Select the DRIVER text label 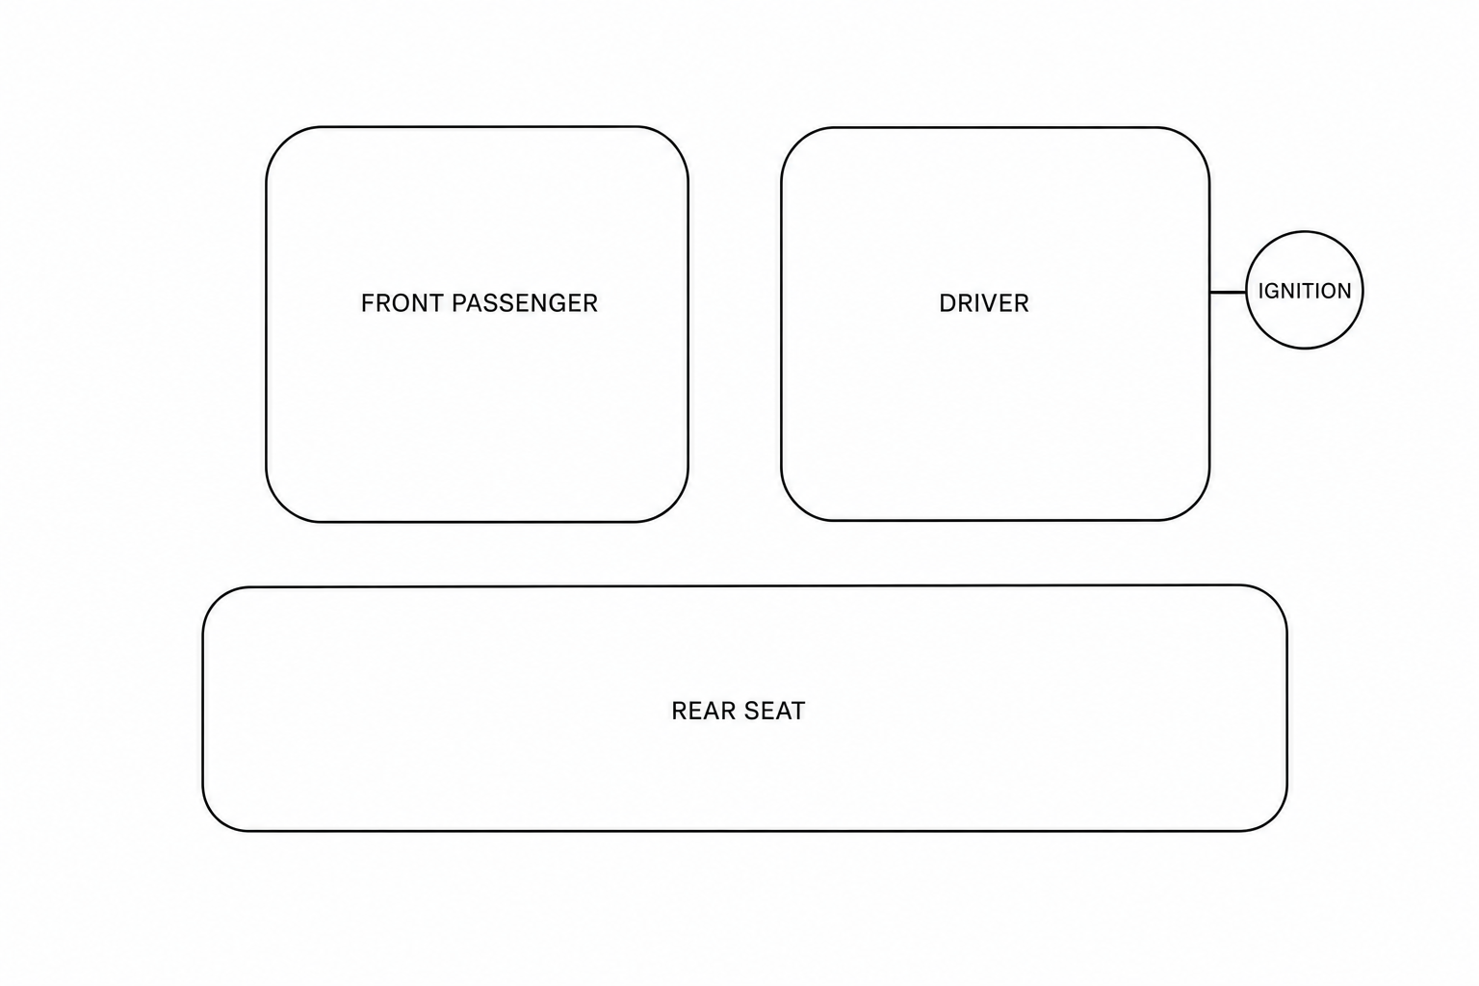click(x=984, y=303)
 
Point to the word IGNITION click(x=1305, y=291)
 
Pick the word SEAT click(x=774, y=711)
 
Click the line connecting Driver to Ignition click(x=1228, y=292)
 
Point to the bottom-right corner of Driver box click(x=1194, y=506)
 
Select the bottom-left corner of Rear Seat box click(x=217, y=817)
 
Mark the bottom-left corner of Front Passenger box click(x=282, y=506)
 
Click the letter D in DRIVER click(x=947, y=303)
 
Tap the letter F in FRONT click(x=368, y=303)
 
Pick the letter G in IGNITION click(x=1271, y=291)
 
